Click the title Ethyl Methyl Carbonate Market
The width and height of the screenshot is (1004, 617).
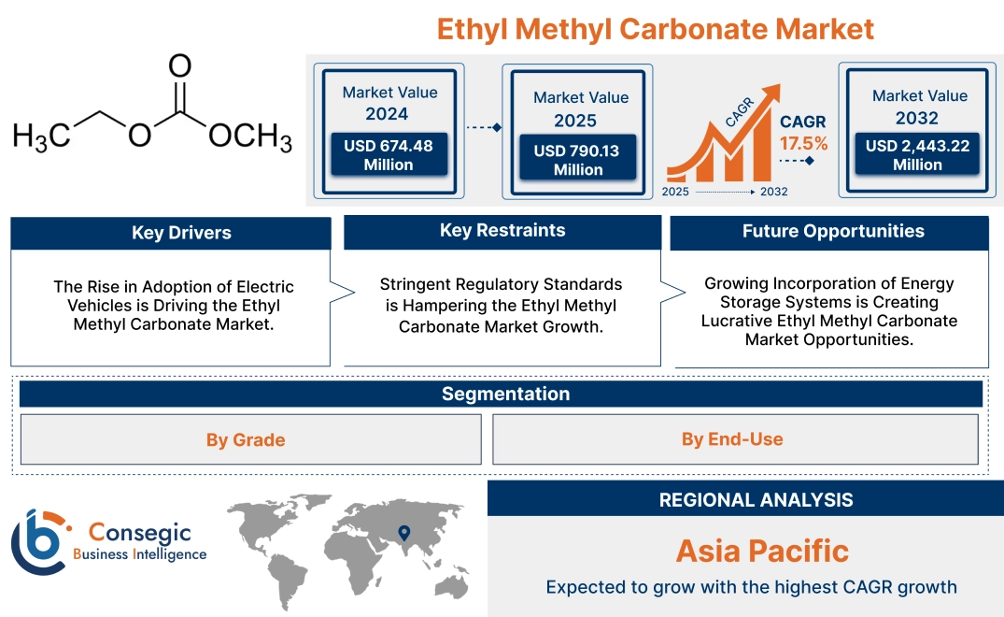656,29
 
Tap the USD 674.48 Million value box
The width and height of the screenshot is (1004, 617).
388,154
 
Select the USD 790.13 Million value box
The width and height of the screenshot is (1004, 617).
577,160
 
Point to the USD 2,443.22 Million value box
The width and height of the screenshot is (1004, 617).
917,154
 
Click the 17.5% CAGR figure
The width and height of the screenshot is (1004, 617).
804,143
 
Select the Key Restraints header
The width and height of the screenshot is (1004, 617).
502,231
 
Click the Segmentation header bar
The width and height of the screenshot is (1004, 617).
505,394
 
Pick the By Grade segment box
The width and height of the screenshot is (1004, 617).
246,439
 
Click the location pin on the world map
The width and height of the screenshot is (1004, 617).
403,533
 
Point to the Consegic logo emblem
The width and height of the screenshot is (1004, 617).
39,541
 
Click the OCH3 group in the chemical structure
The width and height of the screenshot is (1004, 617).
250,136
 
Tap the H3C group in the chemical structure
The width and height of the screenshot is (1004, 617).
41,136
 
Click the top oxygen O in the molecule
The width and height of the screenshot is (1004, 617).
180,65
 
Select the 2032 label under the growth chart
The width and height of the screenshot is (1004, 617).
773,192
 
